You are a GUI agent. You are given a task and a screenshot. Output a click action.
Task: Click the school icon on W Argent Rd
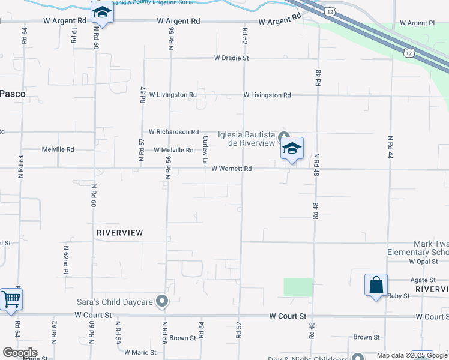(102, 12)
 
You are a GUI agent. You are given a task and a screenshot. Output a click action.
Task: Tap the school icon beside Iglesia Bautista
(292, 149)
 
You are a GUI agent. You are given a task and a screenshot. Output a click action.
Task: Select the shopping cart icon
(11, 299)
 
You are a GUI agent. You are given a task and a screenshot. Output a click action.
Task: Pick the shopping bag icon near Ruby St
(376, 285)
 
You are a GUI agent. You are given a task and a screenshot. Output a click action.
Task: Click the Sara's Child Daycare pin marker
(161, 301)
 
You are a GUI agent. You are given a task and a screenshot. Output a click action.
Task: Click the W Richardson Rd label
(173, 131)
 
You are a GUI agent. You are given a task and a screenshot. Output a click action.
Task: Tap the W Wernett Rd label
(231, 169)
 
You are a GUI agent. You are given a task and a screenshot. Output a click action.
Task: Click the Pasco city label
(11, 94)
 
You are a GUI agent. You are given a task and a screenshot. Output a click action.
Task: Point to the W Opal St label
(420, 262)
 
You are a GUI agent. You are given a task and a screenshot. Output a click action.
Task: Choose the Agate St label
(423, 280)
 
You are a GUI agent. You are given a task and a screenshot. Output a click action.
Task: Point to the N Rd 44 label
(390, 146)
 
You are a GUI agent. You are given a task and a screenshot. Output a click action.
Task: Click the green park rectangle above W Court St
(298, 287)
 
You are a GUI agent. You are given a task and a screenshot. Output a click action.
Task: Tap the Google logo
(20, 353)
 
